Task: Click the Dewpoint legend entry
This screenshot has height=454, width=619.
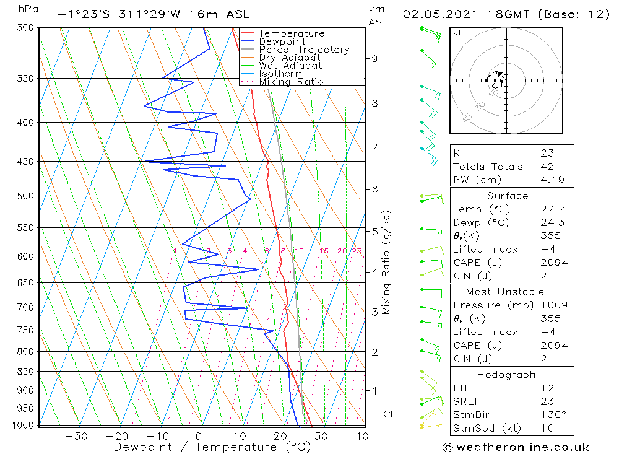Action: (x=282, y=41)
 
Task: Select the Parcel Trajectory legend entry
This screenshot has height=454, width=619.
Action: (x=304, y=50)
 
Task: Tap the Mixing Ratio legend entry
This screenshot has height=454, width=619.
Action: (x=291, y=82)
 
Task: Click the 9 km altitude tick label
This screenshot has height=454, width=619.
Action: (x=374, y=59)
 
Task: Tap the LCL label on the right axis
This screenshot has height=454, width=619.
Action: (x=386, y=414)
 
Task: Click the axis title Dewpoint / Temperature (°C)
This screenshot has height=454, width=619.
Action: (x=212, y=447)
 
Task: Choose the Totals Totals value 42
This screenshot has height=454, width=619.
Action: (x=547, y=167)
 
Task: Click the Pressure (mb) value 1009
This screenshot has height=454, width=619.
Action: (x=551, y=305)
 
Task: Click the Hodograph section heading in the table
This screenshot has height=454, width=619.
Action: (x=507, y=375)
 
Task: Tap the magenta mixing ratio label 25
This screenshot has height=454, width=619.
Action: (x=357, y=251)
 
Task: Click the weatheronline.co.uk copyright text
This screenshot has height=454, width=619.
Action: (x=516, y=447)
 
